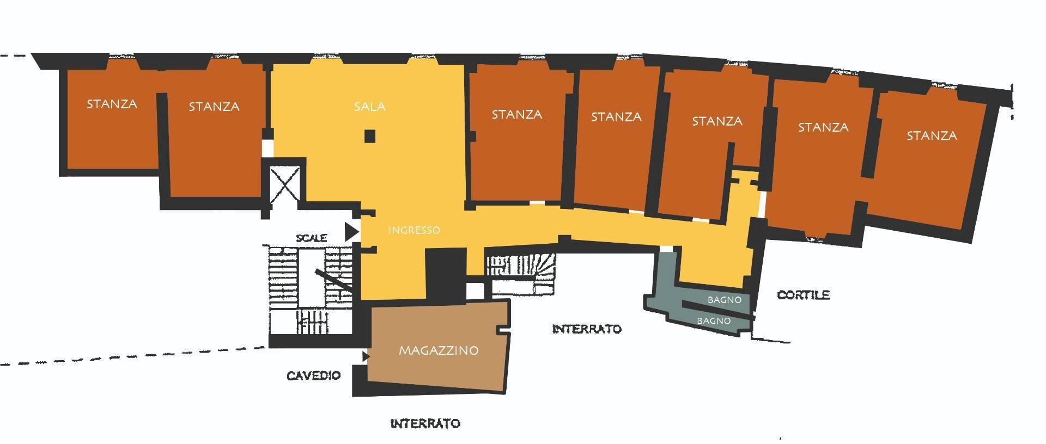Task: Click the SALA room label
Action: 369,107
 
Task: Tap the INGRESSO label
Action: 414,230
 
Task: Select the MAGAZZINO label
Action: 439,350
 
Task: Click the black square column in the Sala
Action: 370,136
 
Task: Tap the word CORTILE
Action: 803,295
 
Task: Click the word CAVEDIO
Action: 314,375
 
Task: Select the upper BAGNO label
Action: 724,300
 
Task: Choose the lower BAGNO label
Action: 714,321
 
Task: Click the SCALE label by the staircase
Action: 312,238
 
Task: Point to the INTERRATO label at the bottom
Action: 425,423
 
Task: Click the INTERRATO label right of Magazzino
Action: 586,329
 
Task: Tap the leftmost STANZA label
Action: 112,104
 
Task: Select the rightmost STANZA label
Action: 931,135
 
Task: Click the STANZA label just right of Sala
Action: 516,114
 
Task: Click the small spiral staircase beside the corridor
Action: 520,272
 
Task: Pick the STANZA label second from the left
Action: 214,107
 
